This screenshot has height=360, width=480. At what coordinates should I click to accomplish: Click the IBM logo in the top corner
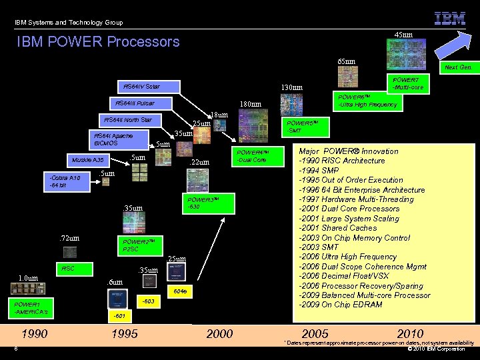[x=450, y=18]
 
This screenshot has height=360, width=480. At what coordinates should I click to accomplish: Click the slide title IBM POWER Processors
[x=99, y=41]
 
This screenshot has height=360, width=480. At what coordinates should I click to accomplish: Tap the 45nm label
[x=403, y=34]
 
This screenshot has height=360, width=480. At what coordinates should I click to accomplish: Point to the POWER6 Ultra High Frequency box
[x=367, y=100]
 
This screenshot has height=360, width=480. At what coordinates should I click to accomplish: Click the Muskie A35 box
[x=89, y=160]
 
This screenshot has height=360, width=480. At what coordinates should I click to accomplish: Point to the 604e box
[x=180, y=291]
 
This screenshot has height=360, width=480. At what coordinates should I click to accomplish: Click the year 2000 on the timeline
[x=220, y=333]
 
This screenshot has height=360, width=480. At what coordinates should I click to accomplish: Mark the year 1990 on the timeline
[x=35, y=333]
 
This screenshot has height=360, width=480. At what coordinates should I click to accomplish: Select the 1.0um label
[x=29, y=278]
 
